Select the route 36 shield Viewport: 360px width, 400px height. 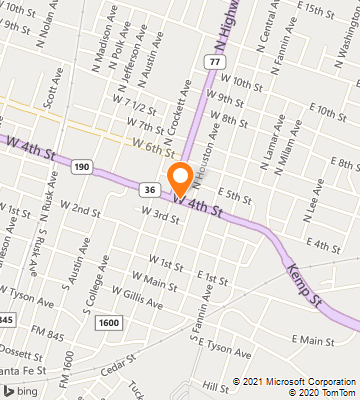149,189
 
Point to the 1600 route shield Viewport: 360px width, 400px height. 109,322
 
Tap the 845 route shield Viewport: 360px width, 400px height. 6,318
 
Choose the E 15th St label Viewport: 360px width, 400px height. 306,11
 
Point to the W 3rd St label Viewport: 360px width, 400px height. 159,214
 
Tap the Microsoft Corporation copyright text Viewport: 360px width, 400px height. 294,381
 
